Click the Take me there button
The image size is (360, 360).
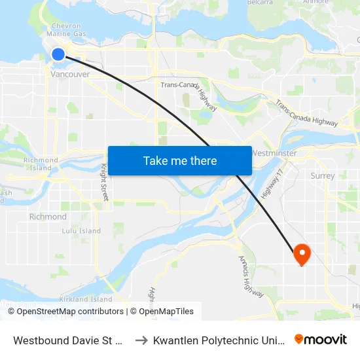tap(180, 160)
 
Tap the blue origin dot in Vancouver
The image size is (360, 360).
tap(58, 54)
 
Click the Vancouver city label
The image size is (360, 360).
tap(70, 75)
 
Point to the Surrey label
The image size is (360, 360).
tap(323, 175)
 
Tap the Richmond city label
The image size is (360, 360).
tap(48, 217)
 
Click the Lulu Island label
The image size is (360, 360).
tap(81, 231)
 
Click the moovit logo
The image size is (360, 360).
tap(321, 340)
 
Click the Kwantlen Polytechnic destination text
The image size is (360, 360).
tap(219, 340)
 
